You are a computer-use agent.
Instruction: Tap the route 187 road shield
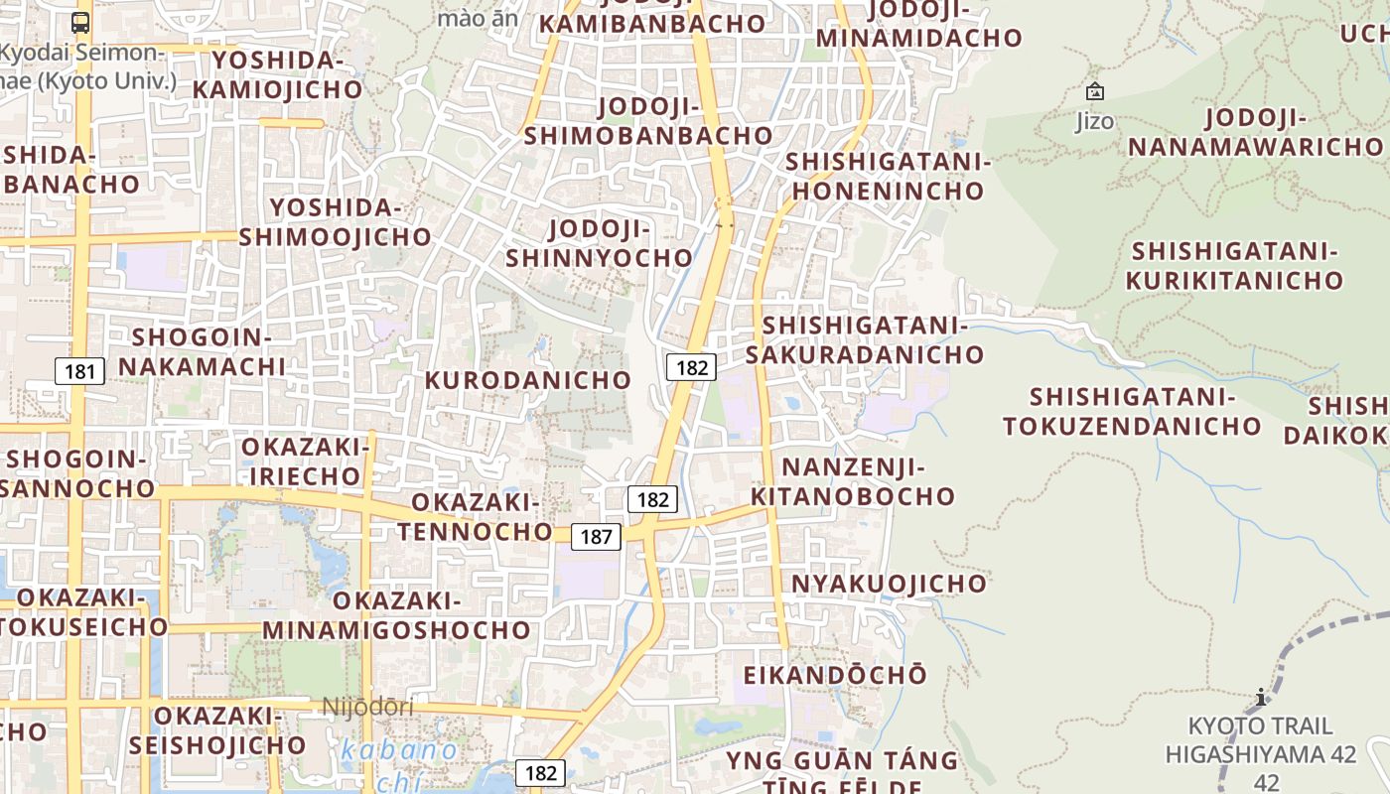[596, 537]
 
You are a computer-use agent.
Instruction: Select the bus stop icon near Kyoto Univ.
[80, 22]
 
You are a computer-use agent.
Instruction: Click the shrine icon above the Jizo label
[1095, 92]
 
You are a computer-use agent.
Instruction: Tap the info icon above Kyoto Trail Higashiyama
[1261, 697]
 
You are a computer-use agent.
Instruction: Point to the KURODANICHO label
[528, 380]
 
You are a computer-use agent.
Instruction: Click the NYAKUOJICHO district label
[889, 584]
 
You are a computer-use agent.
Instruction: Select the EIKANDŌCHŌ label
[835, 675]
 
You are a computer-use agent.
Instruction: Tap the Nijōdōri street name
[367, 708]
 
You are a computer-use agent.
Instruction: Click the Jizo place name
[1095, 122]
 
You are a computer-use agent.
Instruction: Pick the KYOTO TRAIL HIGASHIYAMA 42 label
[1261, 739]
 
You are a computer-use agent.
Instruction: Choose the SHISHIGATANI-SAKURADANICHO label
[865, 340]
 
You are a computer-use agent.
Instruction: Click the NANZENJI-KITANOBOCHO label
[853, 481]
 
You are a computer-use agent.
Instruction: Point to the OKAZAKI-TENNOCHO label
[476, 517]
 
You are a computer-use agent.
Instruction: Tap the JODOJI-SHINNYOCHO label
[600, 244]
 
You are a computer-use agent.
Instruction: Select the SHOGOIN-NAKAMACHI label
[203, 351]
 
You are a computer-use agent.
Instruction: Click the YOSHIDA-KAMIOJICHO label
[278, 75]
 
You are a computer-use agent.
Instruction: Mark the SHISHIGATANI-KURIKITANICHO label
[1235, 266]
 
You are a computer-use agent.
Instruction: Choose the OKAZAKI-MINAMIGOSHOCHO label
[396, 615]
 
